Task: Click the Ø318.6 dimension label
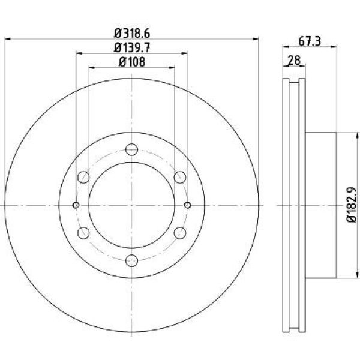coord(132,34)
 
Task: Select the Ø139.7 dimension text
coord(132,48)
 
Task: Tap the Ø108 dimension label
coord(132,62)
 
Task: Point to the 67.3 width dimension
coord(309,41)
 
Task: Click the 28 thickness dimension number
coord(294,61)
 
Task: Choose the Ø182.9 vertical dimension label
coord(351,205)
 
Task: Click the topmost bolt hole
coord(132,149)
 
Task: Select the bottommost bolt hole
coord(132,260)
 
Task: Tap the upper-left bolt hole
coord(83,177)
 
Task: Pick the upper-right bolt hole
coord(180,177)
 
